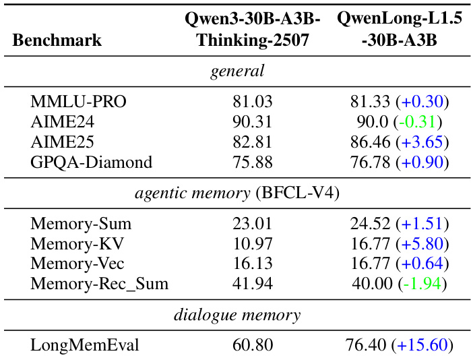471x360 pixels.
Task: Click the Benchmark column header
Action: (x=57, y=40)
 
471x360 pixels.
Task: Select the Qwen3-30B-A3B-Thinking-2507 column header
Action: (x=253, y=29)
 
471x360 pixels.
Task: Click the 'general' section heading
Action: (x=237, y=71)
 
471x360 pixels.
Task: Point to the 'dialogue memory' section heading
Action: (x=237, y=315)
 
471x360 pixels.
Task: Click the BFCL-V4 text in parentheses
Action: (x=296, y=193)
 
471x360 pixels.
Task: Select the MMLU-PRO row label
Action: (x=78, y=102)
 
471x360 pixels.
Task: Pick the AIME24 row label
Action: (x=62, y=122)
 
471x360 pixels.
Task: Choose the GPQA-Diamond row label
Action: (x=91, y=162)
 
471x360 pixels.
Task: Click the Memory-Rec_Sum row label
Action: (x=99, y=284)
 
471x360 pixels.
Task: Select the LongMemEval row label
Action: (x=85, y=346)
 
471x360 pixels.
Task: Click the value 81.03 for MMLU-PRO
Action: (x=253, y=102)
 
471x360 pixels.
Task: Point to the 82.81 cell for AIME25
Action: (x=253, y=142)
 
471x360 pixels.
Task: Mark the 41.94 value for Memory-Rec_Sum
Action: (x=253, y=284)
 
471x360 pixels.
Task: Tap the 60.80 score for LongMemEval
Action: (x=253, y=346)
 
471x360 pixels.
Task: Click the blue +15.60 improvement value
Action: (x=422, y=346)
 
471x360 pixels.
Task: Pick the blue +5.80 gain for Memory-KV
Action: (x=422, y=244)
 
